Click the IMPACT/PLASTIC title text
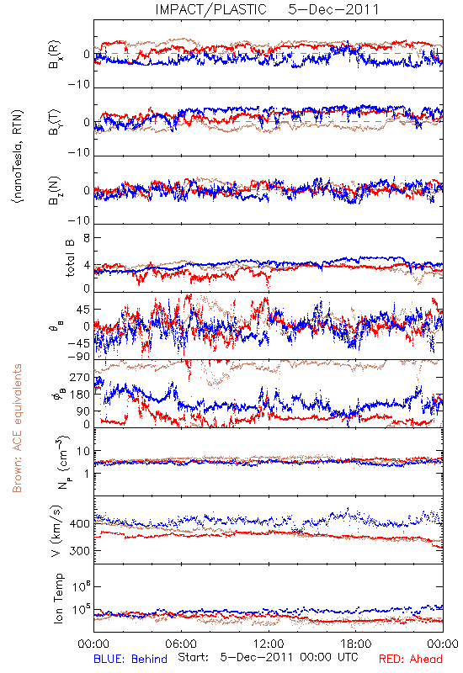coord(210,9)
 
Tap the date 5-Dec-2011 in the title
coord(333,9)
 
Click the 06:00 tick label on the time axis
coord(181,644)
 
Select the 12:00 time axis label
coord(269,644)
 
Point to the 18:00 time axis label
coord(356,644)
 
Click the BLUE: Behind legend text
coord(130,659)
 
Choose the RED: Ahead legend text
coord(410,659)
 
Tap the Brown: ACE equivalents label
coord(17,428)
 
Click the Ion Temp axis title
coord(58,598)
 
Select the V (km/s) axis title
coord(56,532)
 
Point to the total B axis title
coord(70,257)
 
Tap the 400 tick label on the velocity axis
coord(80,523)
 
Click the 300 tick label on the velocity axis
coord(80,550)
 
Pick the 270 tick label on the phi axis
coord(80,377)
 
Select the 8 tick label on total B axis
coord(87,238)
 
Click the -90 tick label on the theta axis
coord(79,357)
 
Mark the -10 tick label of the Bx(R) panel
coord(79,85)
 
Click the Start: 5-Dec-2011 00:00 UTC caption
coord(268,657)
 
